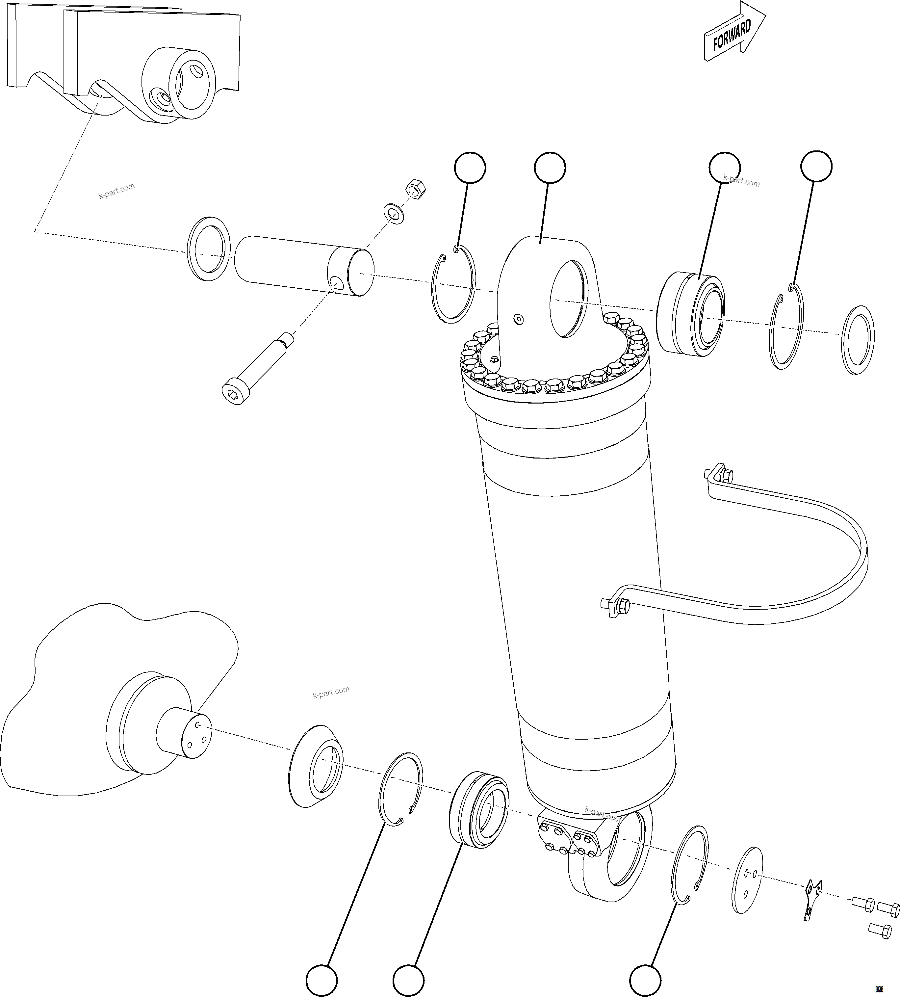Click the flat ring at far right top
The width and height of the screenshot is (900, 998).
point(857,340)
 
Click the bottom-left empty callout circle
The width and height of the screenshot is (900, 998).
point(321,980)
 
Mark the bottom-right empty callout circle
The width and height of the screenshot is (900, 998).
point(645,980)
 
